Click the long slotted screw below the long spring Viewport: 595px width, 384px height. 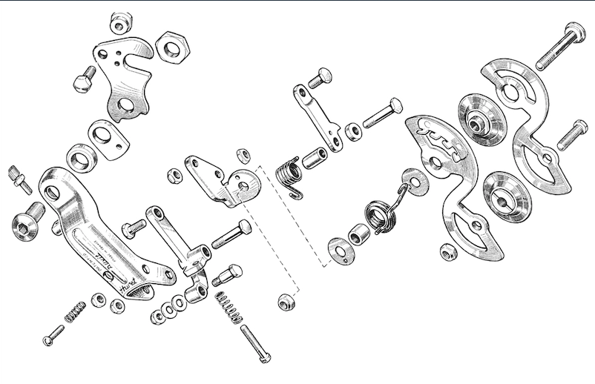tap(255, 344)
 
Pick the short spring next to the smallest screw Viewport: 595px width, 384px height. tap(76, 312)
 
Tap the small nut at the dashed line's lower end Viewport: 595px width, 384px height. tap(284, 302)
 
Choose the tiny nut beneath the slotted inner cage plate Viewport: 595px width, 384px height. tap(448, 253)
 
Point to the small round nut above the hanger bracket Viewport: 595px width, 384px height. tap(119, 23)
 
